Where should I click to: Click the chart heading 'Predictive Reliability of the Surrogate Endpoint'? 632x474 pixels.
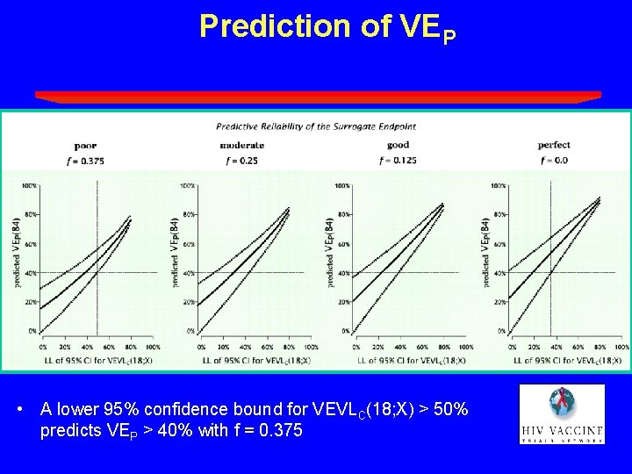point(316,126)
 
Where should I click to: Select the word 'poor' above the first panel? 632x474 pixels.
point(85,145)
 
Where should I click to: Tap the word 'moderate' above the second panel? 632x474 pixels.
point(236,145)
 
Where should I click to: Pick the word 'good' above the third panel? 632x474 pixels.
point(398,145)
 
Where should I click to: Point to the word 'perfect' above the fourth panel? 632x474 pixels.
point(554,145)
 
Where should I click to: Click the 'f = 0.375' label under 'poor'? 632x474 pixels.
point(85,161)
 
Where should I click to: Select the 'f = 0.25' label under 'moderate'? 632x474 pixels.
point(236,161)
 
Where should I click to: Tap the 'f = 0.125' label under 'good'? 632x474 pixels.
point(398,161)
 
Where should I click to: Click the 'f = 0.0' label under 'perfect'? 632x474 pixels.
point(554,161)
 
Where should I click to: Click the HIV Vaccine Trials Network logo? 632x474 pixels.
point(562,413)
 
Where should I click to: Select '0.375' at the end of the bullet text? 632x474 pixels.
point(281,431)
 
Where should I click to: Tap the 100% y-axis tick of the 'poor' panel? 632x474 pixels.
point(29,186)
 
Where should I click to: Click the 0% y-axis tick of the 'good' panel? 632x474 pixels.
point(344,331)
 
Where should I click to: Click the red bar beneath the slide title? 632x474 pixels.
point(318,97)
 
